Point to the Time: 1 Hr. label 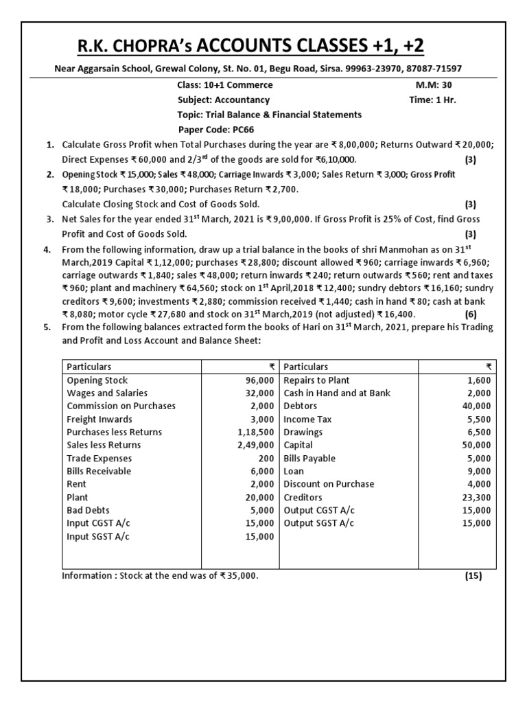[x=432, y=100]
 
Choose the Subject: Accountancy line [x=214, y=100]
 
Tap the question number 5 [x=47, y=327]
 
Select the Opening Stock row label [x=97, y=380]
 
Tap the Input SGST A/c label [x=97, y=536]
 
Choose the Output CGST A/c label [x=319, y=510]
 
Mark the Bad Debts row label [x=88, y=510]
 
